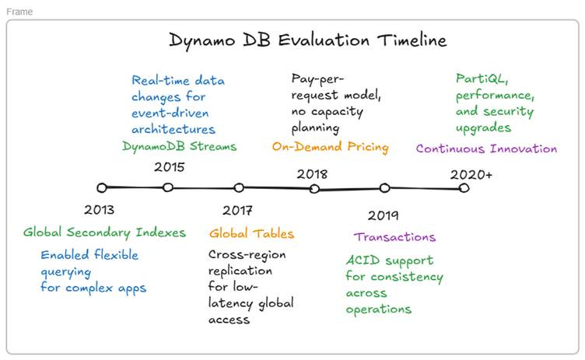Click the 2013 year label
[99, 210]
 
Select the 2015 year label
[168, 166]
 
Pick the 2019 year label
[383, 215]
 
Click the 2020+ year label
[471, 174]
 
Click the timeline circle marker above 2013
[101, 187]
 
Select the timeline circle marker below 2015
[168, 187]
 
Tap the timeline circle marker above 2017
[239, 187]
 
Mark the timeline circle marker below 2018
[314, 188]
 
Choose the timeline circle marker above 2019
[384, 187]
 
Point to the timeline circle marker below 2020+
[464, 187]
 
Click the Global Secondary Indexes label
[104, 232]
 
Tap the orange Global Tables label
[251, 233]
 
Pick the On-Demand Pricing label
[330, 146]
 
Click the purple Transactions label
[394, 237]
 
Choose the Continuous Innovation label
[486, 149]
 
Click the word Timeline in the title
[408, 40]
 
